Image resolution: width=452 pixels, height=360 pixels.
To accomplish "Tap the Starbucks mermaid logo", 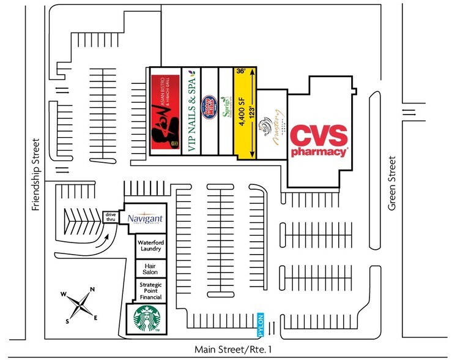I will [x=146, y=320].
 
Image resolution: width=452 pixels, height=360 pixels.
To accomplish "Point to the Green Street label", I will [x=392, y=184].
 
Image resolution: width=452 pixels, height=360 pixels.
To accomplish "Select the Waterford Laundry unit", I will [x=149, y=246].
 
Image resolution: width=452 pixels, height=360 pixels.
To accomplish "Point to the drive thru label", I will [x=111, y=217].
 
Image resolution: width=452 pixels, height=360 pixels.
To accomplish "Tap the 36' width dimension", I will [x=241, y=72].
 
